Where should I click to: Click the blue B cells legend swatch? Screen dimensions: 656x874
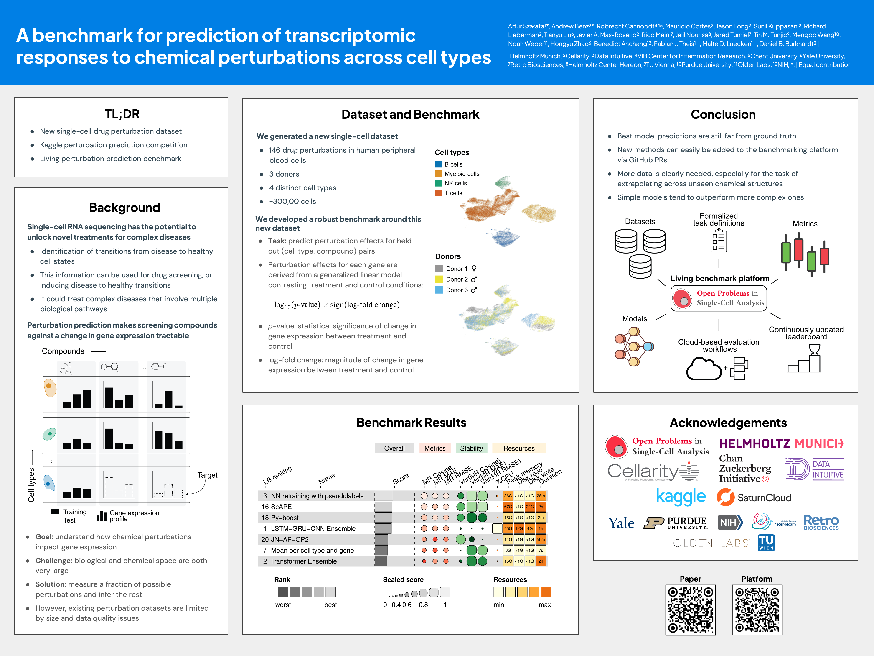click(x=438, y=164)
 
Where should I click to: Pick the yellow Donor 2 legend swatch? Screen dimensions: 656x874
click(x=439, y=279)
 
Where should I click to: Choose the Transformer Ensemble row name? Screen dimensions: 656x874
click(x=303, y=561)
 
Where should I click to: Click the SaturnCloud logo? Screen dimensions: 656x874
click(x=754, y=497)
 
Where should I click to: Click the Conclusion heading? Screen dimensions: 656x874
click(x=723, y=115)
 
